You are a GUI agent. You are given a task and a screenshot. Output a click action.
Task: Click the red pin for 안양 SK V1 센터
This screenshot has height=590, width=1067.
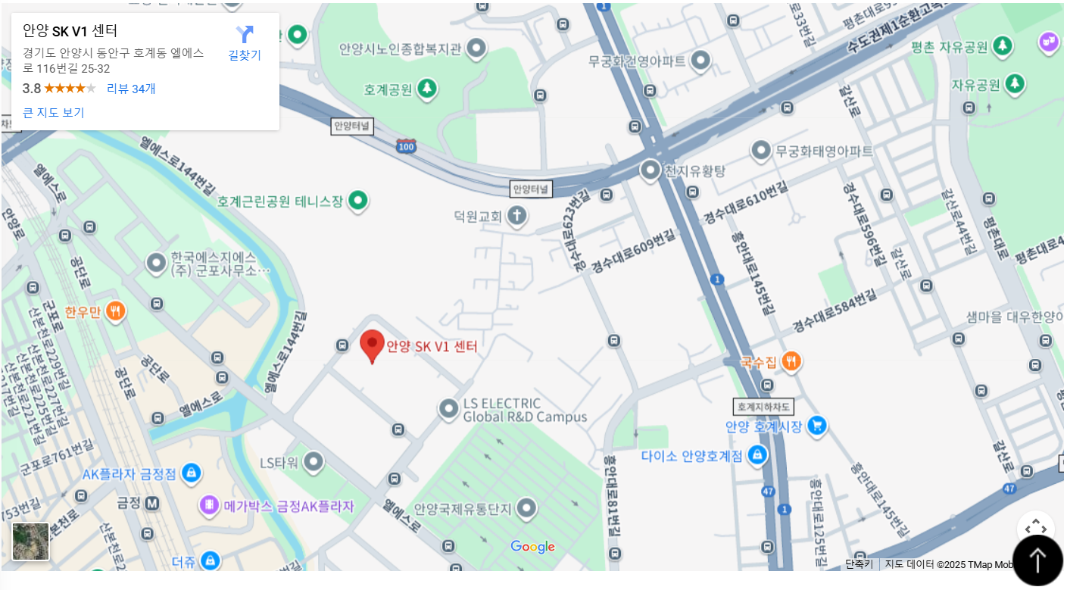pos(372,345)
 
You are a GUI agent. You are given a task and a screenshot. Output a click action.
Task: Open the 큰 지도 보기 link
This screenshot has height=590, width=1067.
pos(53,113)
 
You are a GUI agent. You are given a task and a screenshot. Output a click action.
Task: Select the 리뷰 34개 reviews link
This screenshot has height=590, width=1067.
pos(131,89)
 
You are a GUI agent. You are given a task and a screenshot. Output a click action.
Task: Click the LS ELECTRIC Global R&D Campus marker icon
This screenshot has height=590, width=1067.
pos(448,409)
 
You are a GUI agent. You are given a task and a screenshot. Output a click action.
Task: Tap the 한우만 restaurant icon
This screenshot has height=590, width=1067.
pos(115,311)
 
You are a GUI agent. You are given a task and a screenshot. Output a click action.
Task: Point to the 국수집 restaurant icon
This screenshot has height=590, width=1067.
pos(791,362)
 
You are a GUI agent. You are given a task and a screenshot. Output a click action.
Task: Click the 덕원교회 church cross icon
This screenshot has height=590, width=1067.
pos(517,216)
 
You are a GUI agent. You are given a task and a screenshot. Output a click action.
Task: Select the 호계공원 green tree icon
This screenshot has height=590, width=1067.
pos(427,89)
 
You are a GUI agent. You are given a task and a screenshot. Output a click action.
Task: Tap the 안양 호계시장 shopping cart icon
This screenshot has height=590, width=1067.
pos(816,426)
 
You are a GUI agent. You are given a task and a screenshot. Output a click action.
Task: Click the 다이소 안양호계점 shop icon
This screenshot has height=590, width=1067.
pos(757,455)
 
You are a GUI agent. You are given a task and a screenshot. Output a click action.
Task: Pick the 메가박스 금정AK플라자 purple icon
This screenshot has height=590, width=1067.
pos(209,505)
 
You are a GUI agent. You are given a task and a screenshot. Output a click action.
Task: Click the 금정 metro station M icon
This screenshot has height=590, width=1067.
pos(152,503)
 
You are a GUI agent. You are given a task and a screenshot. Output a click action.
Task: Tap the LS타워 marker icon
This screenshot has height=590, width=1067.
pos(312,462)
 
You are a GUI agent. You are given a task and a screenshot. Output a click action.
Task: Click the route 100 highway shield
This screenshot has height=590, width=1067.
pos(406,146)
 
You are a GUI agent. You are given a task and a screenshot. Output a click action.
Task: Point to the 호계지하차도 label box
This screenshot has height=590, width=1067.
pos(763,407)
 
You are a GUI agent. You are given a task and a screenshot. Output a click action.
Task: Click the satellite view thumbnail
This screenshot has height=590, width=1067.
pos(30,542)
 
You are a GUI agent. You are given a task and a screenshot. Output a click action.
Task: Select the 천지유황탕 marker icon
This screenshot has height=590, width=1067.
pos(650,170)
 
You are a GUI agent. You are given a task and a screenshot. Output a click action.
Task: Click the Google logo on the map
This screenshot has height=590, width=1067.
pos(532,547)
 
